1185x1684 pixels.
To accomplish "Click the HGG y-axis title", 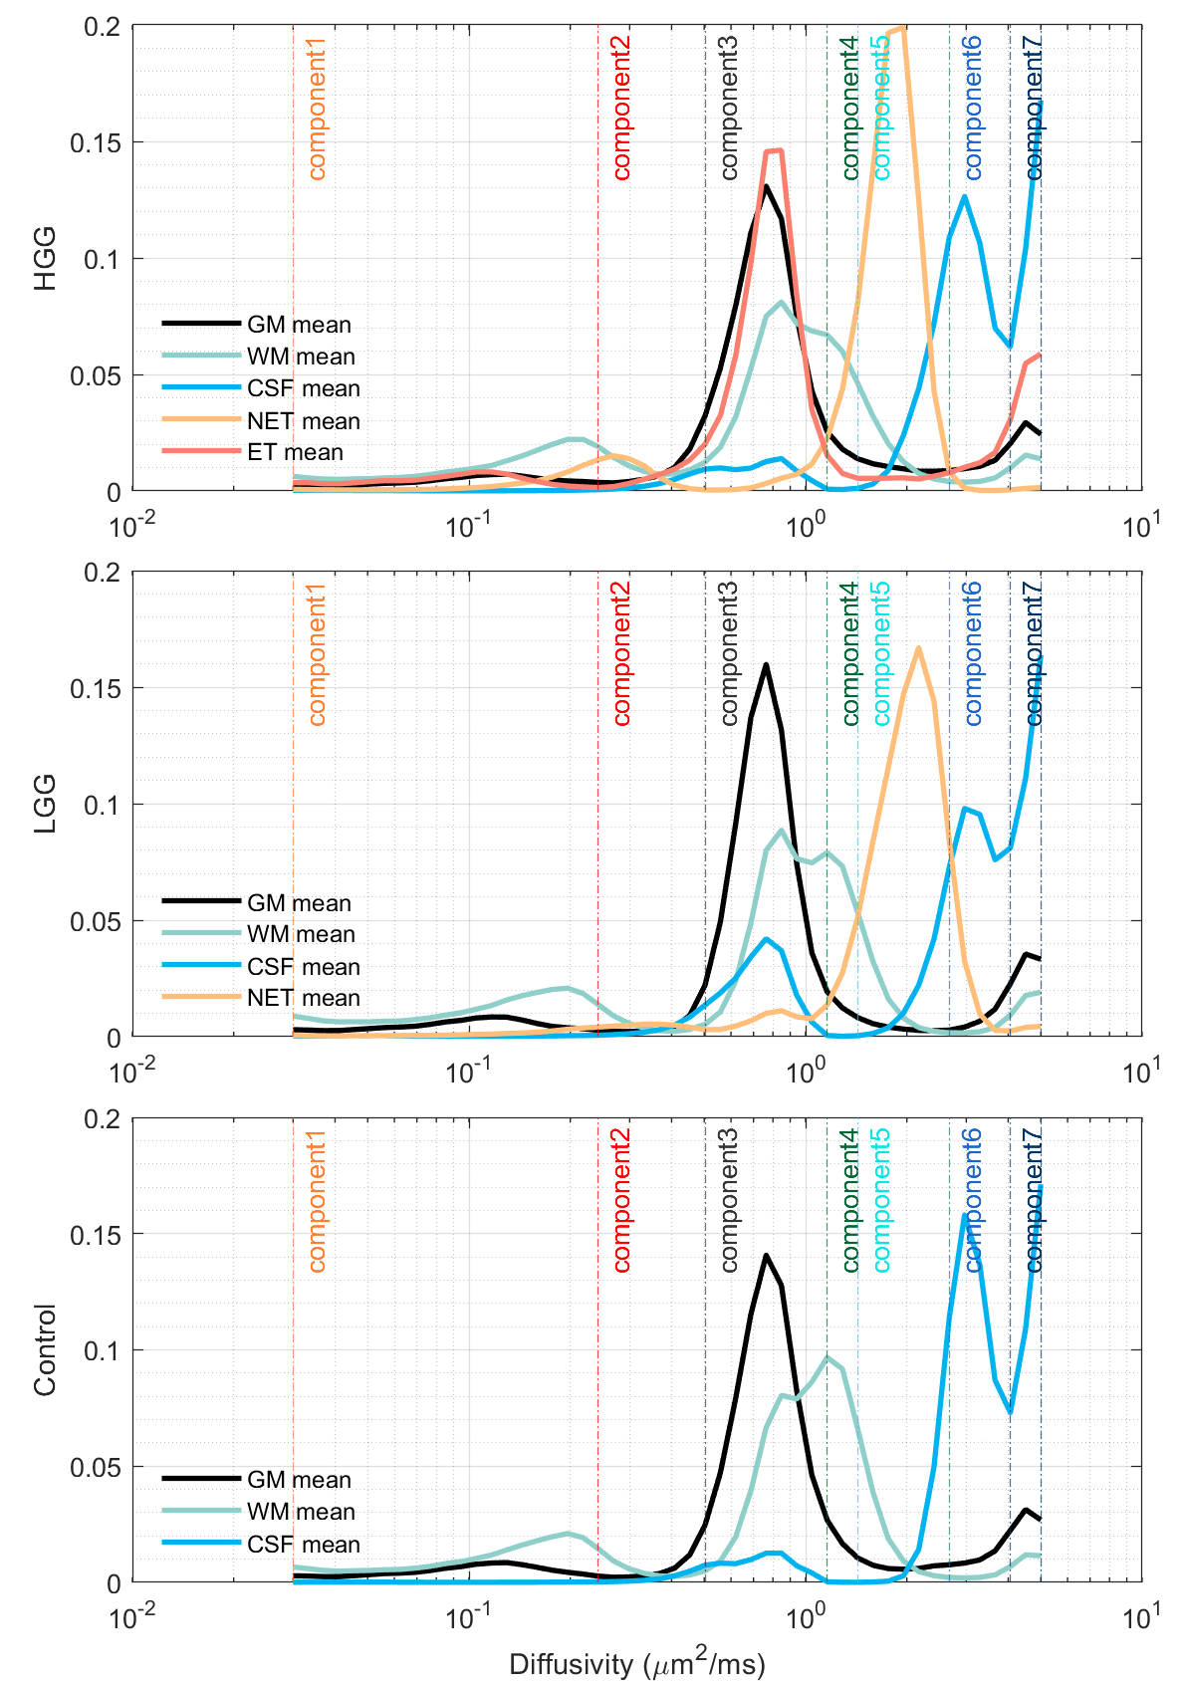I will (x=46, y=259).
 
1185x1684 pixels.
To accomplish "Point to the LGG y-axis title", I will (x=46, y=804).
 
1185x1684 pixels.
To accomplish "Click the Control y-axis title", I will (x=46, y=1349).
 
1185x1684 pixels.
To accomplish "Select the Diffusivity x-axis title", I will (x=636, y=1664).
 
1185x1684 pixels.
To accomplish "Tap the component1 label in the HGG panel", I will (x=317, y=110).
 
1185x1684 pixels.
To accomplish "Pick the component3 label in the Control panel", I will (x=729, y=1200).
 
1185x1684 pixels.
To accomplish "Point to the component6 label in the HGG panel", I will (x=973, y=110).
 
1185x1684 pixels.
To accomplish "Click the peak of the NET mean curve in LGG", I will (x=918, y=648).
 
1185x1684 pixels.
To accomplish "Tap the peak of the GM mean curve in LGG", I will (x=766, y=664).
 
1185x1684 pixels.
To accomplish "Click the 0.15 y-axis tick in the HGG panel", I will (x=96, y=142).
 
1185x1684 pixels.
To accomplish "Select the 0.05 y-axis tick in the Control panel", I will (x=96, y=1467).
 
